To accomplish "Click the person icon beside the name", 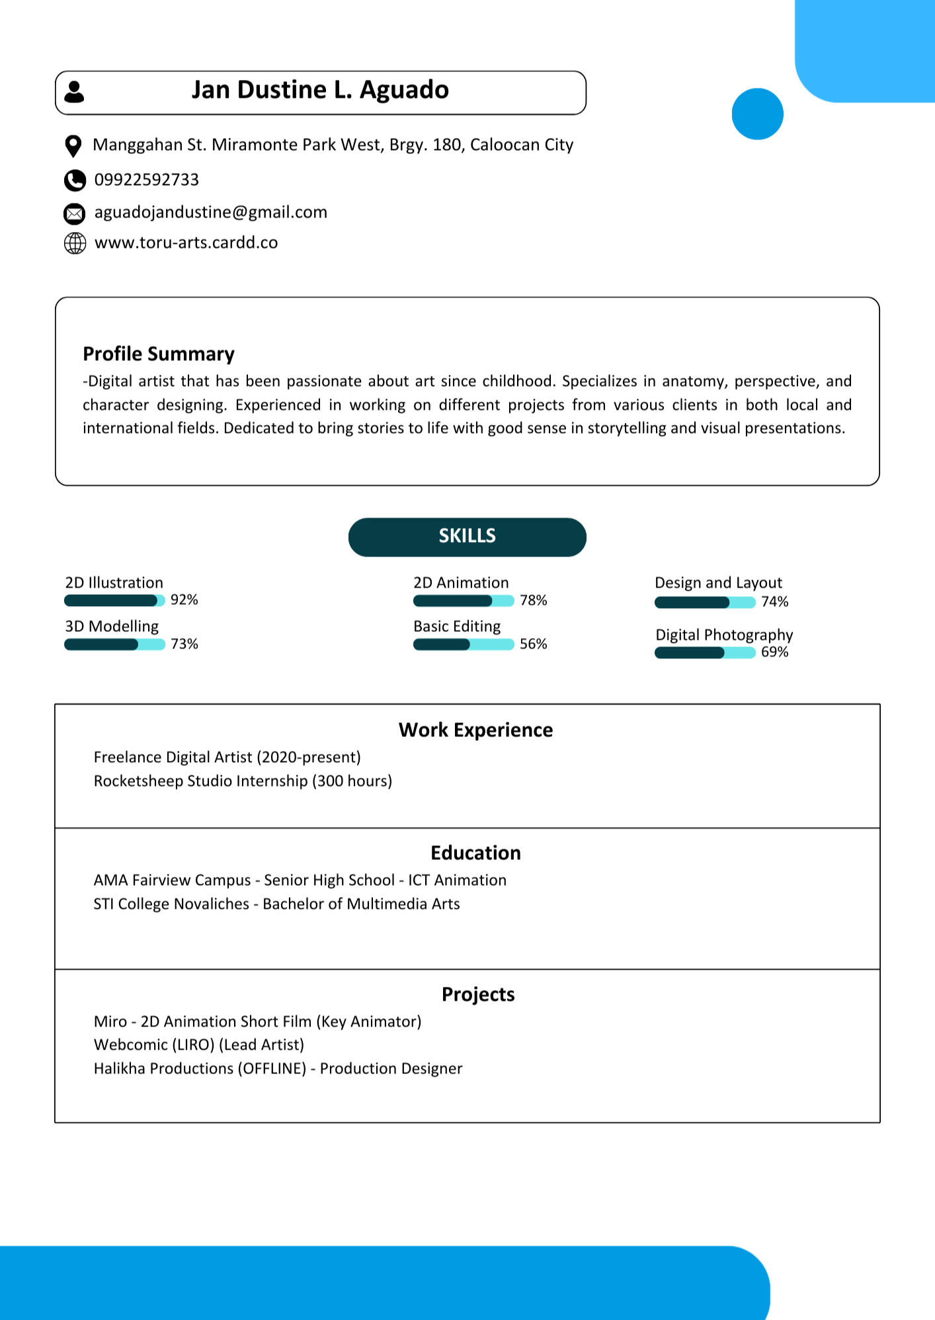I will coord(74,92).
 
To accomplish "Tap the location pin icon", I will coord(73,146).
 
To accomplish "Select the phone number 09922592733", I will coord(146,180).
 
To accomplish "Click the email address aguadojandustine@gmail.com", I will coord(210,212).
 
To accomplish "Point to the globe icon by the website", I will coord(75,243).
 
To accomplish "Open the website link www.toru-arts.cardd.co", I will coord(186,243).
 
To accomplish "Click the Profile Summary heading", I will coord(159,354).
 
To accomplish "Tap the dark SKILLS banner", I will coord(467,536).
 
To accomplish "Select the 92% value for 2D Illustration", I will coord(184,600).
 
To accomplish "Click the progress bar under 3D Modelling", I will coord(114,644).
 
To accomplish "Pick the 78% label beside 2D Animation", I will coord(533,600).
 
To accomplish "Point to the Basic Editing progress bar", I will coord(463,644).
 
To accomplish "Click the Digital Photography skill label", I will coord(724,635).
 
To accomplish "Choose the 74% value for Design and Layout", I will coord(774,602).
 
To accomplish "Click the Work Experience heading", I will coord(475,730).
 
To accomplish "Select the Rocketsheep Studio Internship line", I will coord(243,781).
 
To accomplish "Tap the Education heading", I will coord(475,853).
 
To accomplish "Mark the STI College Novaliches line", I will coord(276,904).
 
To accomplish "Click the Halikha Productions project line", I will coord(278,1069).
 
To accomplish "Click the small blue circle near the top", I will coord(757,114).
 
